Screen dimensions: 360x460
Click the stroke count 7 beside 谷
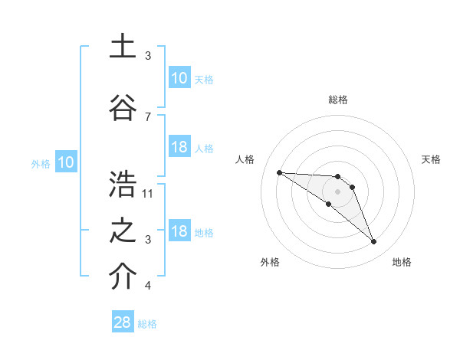[x=148, y=116]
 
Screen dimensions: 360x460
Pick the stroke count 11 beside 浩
[x=148, y=193]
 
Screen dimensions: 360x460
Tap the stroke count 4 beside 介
[x=148, y=285]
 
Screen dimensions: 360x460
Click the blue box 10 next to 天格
[x=179, y=78]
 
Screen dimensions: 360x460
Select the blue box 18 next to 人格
[x=179, y=147]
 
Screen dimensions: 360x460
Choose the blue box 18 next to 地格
[x=179, y=231]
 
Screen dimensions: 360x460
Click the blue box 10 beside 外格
[x=66, y=162]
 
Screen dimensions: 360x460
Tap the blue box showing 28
[x=123, y=323]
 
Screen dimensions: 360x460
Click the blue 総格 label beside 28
[x=147, y=324]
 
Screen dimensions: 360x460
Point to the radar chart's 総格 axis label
[x=337, y=100]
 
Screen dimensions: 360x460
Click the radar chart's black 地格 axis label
[x=402, y=262]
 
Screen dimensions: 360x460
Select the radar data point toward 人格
[x=279, y=172]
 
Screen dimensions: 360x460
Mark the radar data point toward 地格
[x=373, y=242]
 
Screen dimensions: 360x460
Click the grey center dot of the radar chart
[x=337, y=191]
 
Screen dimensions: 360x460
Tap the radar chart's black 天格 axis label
[x=431, y=159]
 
